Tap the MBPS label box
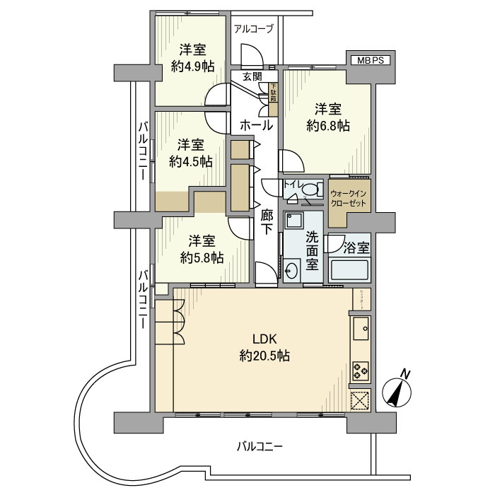(x=369, y=61)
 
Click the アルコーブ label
(x=253, y=29)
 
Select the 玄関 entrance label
(x=252, y=76)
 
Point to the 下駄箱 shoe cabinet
(x=273, y=93)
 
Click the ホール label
(x=256, y=126)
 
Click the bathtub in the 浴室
(x=350, y=271)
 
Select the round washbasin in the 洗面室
(x=292, y=269)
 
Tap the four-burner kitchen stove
(x=360, y=370)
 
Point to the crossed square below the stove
(x=360, y=400)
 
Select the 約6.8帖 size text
(x=328, y=126)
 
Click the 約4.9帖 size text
(x=192, y=67)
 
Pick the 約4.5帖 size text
(x=191, y=161)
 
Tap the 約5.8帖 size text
(x=202, y=257)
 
